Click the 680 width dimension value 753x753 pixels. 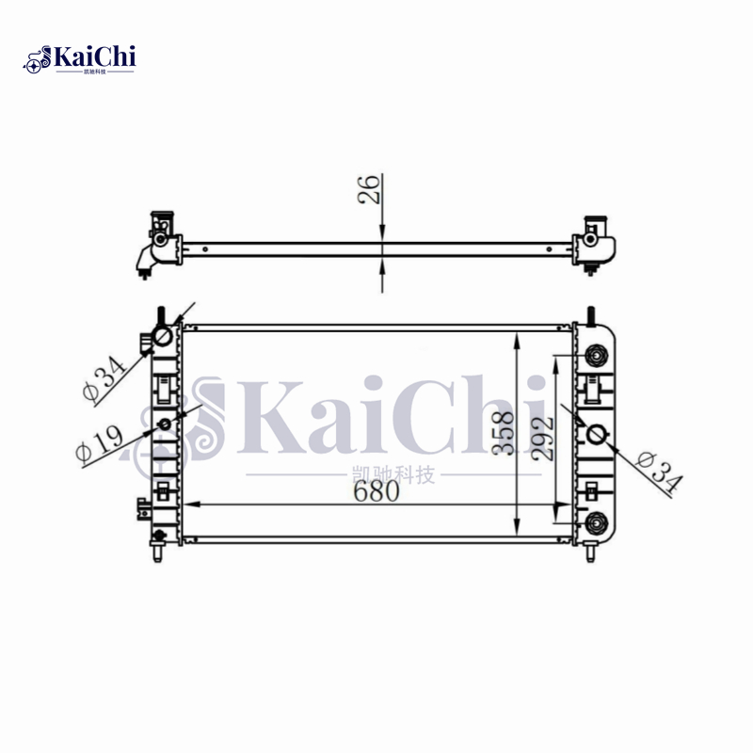(x=376, y=491)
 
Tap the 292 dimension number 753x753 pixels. (x=543, y=439)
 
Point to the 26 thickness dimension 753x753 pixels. (x=369, y=189)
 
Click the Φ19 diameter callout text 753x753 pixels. (x=100, y=443)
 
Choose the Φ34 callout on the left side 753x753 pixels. (x=104, y=378)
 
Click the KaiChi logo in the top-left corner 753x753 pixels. (x=79, y=59)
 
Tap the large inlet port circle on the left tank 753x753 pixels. (x=163, y=336)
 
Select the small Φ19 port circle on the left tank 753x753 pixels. (x=165, y=425)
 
